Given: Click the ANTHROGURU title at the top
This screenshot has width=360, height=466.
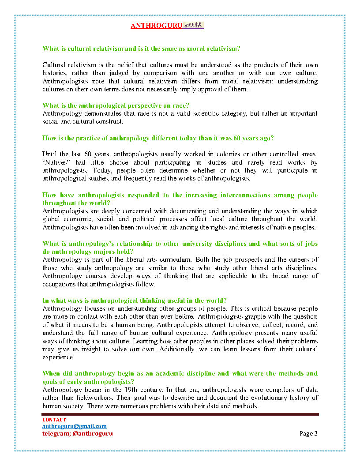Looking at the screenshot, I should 156,26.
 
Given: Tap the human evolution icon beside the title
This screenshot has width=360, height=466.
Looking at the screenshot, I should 193,25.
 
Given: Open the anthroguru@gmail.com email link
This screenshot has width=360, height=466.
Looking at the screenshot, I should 74,426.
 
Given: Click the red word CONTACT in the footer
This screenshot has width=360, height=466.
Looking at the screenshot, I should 54,420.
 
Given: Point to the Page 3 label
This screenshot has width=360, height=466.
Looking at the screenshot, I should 308,433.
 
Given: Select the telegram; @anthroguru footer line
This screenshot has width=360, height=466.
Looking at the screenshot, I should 77,433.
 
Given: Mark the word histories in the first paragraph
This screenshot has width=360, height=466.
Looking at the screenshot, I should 55,73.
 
